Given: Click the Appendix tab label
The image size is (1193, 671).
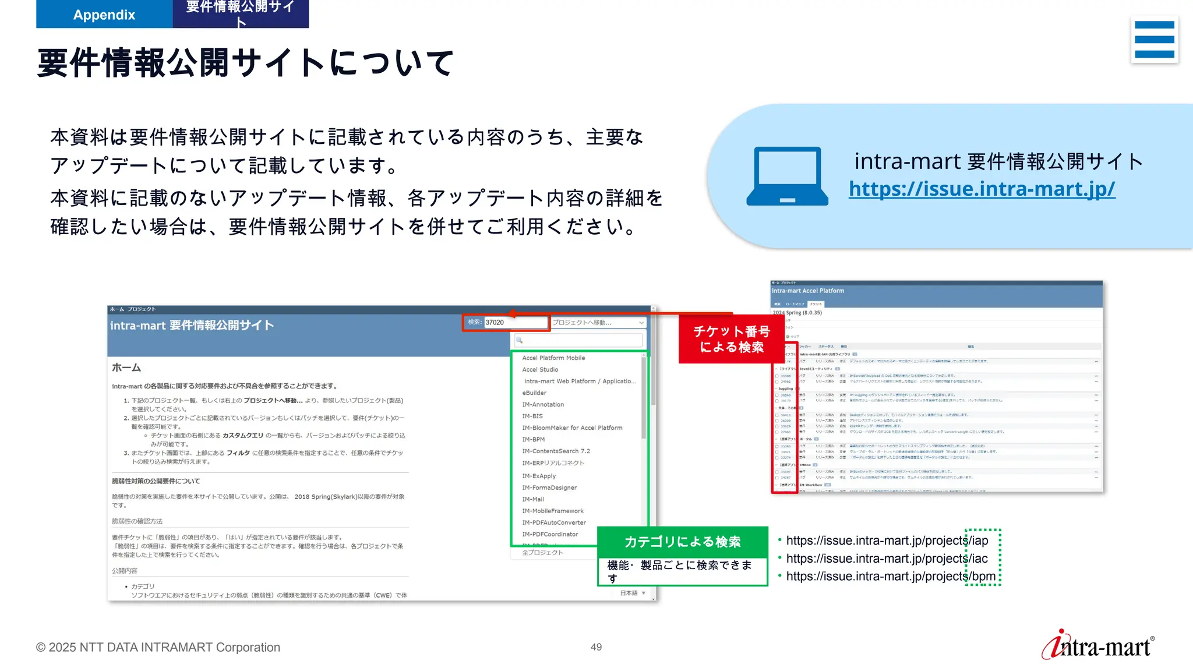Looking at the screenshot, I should tap(104, 15).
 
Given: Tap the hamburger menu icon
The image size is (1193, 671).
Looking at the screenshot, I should tap(1154, 40).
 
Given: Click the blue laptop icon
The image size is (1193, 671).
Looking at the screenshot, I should tap(787, 176).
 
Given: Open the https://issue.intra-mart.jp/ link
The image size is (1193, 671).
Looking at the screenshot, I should tap(982, 189).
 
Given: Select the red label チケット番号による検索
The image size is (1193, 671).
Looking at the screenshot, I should tap(731, 339).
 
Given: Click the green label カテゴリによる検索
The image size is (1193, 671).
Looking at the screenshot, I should tap(682, 542).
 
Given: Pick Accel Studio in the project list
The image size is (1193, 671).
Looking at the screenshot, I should tap(540, 369).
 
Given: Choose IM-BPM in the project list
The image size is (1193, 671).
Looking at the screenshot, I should tap(534, 439).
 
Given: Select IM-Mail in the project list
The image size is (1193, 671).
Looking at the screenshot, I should tap(533, 499).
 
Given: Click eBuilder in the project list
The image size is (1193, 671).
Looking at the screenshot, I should tap(534, 393).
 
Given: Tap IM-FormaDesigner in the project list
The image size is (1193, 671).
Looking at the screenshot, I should tap(549, 488).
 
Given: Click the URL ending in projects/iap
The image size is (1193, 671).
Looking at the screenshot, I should tap(887, 541).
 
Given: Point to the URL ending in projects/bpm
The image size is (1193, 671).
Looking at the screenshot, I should tap(890, 576).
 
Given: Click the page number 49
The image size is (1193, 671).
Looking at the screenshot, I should tap(596, 647).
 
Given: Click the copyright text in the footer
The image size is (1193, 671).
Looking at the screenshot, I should tap(158, 647).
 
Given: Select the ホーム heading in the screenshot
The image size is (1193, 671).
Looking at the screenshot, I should tap(126, 368).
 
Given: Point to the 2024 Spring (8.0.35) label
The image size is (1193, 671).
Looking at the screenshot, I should tap(797, 313).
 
